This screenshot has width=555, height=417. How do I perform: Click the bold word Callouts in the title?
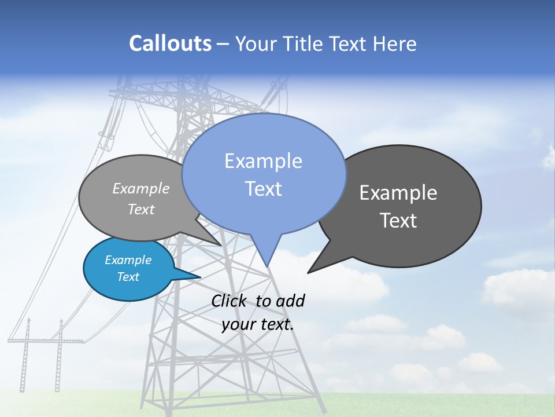point(170,43)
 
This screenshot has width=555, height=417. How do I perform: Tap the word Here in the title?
point(394,43)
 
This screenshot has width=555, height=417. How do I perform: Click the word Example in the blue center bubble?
point(263,161)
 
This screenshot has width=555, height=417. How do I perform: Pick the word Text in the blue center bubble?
point(263,189)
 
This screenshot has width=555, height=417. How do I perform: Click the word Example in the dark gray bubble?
point(398,193)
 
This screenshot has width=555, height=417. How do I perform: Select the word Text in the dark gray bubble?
point(398,221)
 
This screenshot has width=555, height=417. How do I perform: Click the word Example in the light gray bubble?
point(141,188)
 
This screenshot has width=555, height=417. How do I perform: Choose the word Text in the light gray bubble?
point(141,209)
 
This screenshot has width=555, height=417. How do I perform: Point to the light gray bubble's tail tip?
point(220,245)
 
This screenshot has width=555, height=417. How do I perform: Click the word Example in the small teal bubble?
point(128,260)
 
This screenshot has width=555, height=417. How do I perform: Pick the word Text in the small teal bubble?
point(128,277)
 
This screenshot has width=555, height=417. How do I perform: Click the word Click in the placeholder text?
point(230,301)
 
